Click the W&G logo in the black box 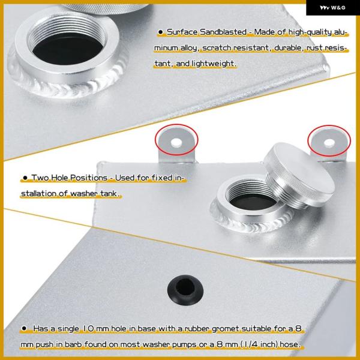(332, 8)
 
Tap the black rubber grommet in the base (185, 290)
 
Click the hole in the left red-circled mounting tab (176, 142)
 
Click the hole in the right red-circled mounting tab (329, 143)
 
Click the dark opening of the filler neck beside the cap (253, 201)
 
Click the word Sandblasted (223, 32)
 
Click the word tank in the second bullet (109, 194)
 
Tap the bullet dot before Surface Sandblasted (160, 32)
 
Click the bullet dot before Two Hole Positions (25, 178)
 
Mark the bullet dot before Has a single (24, 329)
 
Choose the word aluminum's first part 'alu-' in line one (340, 32)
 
